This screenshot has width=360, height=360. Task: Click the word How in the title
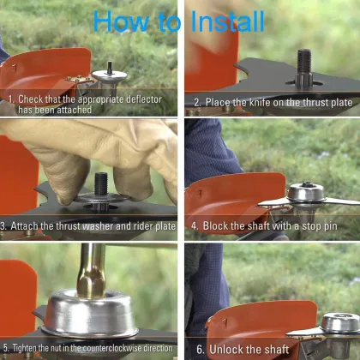121,21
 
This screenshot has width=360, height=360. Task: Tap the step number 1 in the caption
11,99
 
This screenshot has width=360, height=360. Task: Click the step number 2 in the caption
197,102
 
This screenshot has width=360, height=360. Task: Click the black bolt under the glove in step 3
101,184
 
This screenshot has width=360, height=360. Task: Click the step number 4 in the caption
195,226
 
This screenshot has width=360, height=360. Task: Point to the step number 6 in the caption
201,350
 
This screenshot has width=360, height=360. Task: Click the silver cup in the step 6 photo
339,325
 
